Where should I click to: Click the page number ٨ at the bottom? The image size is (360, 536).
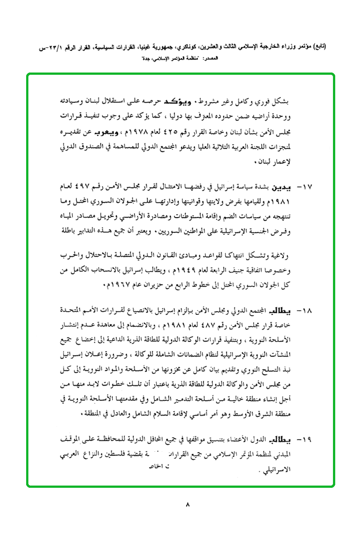pyautogui.click(x=187, y=504)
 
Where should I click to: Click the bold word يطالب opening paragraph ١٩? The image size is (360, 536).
pyautogui.click(x=281, y=439)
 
